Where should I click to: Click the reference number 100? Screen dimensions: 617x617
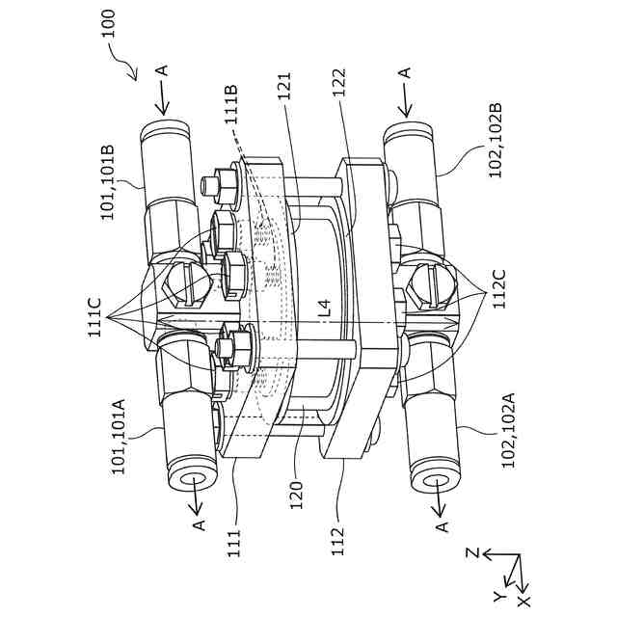tap(108, 23)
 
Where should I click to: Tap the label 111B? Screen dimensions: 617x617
tap(230, 105)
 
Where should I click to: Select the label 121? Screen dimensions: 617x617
tap(284, 87)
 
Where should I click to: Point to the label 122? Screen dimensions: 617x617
tap(338, 84)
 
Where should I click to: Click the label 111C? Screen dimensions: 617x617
tap(94, 317)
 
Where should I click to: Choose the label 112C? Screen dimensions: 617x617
tap(498, 289)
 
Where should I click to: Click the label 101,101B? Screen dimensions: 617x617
tap(107, 183)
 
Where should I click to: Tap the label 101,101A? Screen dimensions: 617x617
tap(119, 437)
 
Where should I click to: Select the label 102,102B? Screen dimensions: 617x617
tap(495, 141)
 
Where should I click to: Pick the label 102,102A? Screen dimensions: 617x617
tap(508, 430)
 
